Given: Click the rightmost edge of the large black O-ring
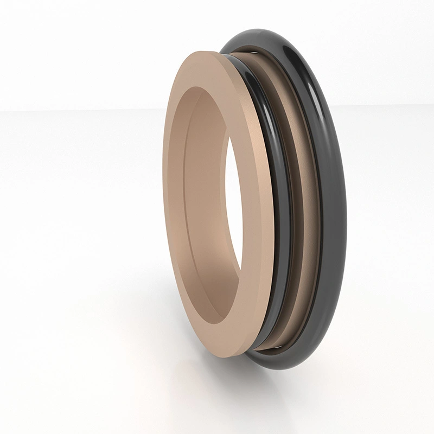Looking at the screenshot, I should tap(346, 206).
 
